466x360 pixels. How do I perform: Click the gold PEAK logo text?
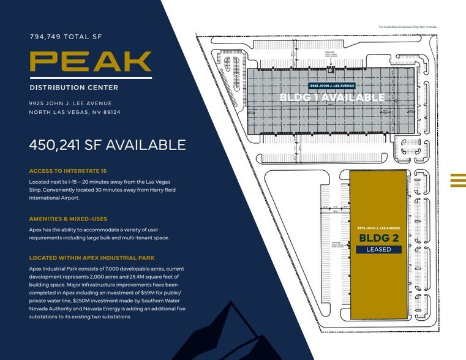[x=91, y=61]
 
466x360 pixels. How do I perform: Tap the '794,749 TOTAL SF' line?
[x=66, y=37]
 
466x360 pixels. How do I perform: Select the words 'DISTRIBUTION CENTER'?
[x=73, y=88]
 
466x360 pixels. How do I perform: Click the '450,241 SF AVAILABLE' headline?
[x=107, y=145]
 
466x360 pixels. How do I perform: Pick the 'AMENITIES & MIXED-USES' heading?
[x=67, y=219]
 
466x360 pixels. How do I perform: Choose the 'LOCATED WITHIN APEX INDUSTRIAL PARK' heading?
[x=92, y=258]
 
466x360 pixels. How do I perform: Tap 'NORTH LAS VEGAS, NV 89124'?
[x=75, y=112]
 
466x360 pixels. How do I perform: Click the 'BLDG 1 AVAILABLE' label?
[x=332, y=97]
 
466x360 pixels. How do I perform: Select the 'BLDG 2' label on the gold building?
[x=378, y=238]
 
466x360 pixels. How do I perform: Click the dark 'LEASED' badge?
[x=378, y=249]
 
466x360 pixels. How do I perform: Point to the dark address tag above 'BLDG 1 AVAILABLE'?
[x=332, y=86]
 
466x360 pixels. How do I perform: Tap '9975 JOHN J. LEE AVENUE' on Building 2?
[x=378, y=228]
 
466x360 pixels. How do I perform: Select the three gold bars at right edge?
[x=458, y=179]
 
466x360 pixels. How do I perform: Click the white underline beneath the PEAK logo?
[x=91, y=78]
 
